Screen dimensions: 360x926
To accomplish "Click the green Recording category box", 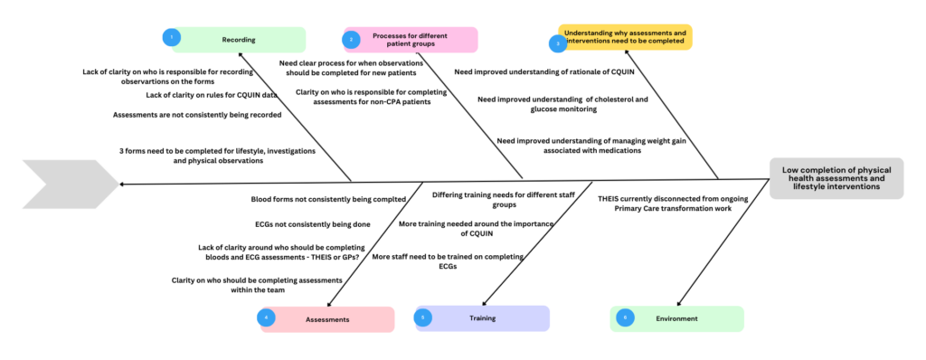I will (x=238, y=40).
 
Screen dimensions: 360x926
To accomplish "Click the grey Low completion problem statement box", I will (x=836, y=178).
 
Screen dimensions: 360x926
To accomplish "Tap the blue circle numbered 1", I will (x=169, y=38).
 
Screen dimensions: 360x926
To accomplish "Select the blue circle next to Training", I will (x=425, y=317).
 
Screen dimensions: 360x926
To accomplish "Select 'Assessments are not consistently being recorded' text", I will (x=197, y=115).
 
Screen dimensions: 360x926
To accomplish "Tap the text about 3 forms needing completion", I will (x=217, y=156).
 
